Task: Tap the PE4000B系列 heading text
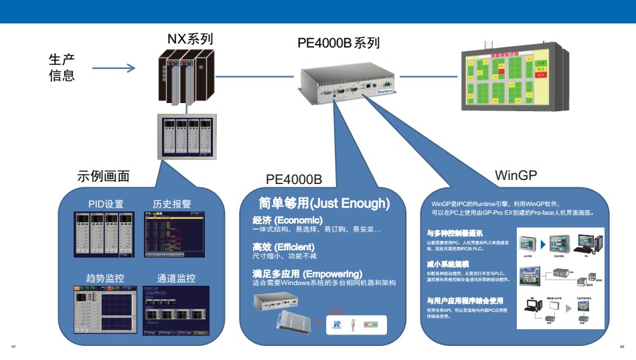(x=339, y=43)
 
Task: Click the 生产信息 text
(x=62, y=67)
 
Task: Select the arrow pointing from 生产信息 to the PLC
(x=113, y=68)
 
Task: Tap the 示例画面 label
(x=104, y=177)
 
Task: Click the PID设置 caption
(x=106, y=204)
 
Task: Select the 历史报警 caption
(x=172, y=204)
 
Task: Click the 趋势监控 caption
(x=105, y=278)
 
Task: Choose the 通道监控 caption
(x=176, y=278)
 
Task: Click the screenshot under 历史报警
(x=173, y=234)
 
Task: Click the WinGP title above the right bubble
(x=516, y=175)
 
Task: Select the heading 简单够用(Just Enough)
(x=324, y=203)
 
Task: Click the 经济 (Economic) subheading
(x=288, y=220)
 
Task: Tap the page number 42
(x=622, y=346)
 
